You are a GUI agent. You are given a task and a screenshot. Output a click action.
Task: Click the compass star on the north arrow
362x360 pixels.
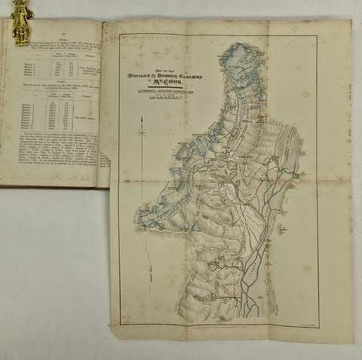click(x=142, y=132)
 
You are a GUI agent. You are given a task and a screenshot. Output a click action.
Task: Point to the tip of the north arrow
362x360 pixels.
click(x=142, y=106)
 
